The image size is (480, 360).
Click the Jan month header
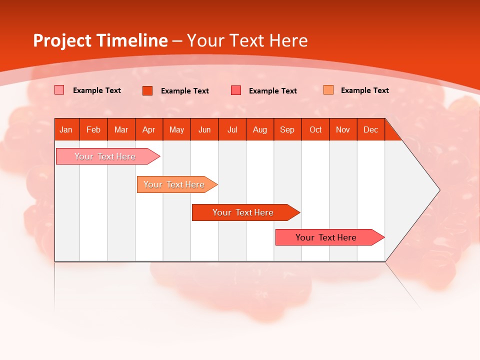66,130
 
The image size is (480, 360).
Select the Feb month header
93,130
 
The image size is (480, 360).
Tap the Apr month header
149,130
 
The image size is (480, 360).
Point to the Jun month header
204,130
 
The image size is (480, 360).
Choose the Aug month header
260,130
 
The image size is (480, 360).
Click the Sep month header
287,130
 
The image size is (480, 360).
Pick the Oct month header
315,130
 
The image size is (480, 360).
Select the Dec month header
371,130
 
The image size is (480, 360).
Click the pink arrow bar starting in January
105,156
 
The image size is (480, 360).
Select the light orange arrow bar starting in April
174,184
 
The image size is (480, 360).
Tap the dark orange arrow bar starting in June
243,212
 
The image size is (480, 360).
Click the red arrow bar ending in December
326,237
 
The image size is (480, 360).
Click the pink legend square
59,90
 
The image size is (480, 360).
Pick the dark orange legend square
147,90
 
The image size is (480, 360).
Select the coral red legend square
236,90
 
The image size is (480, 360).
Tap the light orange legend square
328,90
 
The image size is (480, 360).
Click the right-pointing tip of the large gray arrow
437,190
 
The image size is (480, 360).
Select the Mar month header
121,130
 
